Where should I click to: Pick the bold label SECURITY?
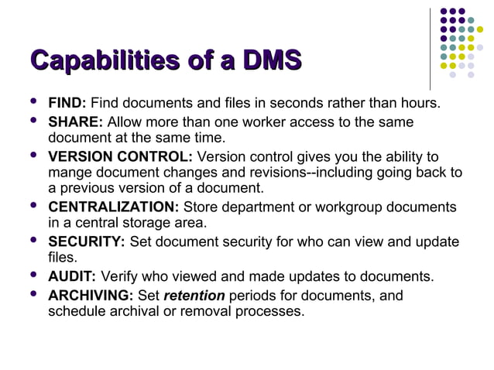pos(87,242)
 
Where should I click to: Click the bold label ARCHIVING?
pos(91,296)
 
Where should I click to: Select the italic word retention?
pos(194,296)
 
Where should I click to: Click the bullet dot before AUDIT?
pos(31,275)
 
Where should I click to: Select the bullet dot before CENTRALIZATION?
pos(31,206)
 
